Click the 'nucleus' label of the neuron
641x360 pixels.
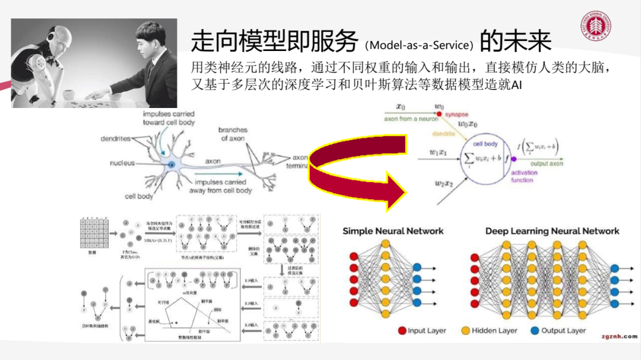coord(122,163)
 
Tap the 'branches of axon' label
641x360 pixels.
coord(233,134)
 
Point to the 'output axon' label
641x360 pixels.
coord(545,163)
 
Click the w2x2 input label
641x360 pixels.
coord(445,183)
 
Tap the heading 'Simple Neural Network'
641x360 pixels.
coord(392,231)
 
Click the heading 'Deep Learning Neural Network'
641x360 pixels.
coord(552,231)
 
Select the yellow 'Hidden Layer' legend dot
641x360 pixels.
coord(465,330)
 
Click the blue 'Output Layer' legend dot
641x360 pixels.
coord(535,330)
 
